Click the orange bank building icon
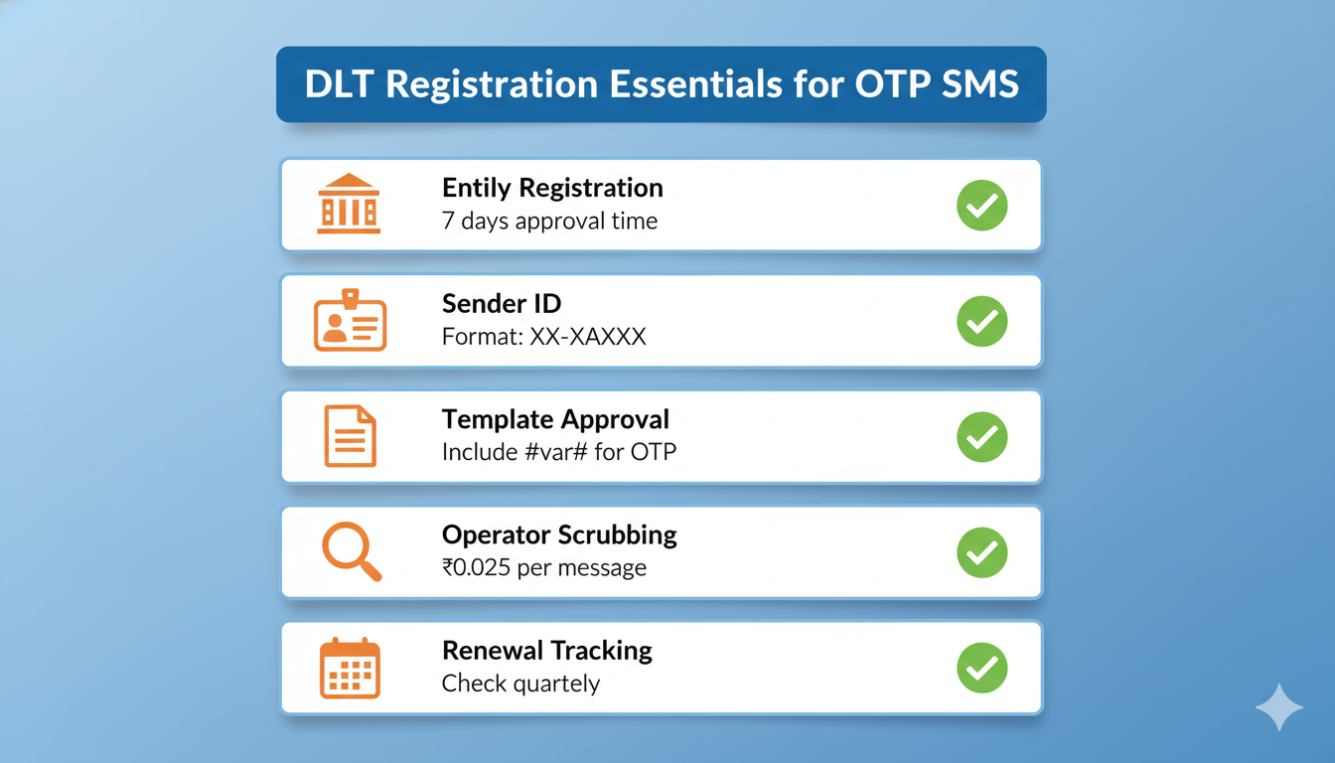pos(349,204)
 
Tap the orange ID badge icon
pos(350,321)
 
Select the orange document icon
pos(350,436)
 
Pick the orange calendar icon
pos(350,667)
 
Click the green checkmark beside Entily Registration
pos(981,206)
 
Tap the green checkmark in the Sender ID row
pos(981,321)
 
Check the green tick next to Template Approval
pos(981,437)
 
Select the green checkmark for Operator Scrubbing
pos(981,552)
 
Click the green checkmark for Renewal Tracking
pos(981,668)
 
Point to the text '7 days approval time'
pos(549,221)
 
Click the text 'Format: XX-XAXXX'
pos(543,337)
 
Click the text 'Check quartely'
pos(520,684)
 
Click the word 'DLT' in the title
pos(340,84)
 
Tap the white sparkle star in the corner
pos(1278,707)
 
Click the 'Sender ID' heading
pos(502,303)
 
